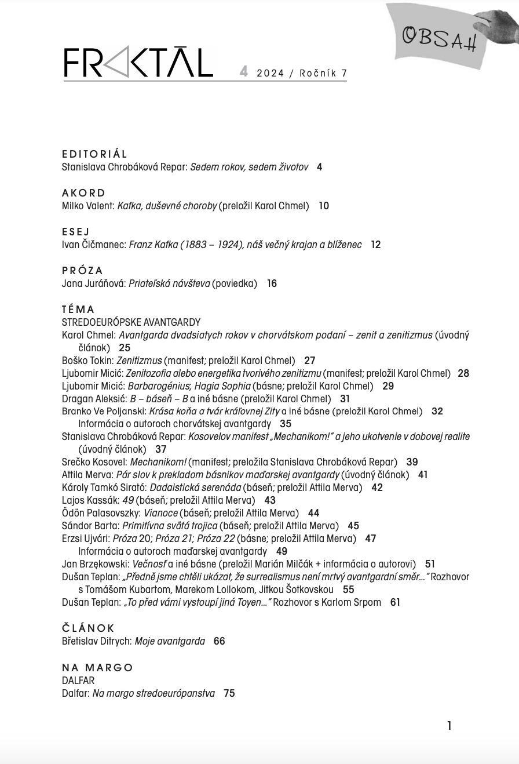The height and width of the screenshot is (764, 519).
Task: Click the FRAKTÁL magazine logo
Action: pyautogui.click(x=138, y=63)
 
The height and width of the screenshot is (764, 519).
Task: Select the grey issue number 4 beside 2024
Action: pyautogui.click(x=244, y=72)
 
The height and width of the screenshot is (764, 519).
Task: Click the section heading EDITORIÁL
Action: pyautogui.click(x=94, y=154)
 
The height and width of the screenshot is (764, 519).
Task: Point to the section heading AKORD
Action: pyautogui.click(x=84, y=193)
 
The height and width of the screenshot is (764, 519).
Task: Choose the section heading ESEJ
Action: pyautogui.click(x=76, y=232)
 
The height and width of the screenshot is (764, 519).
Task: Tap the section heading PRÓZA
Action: pyautogui.click(x=82, y=271)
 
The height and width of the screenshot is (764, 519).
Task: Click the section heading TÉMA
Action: pyautogui.click(x=78, y=310)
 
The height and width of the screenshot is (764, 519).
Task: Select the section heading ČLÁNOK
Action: pyautogui.click(x=89, y=628)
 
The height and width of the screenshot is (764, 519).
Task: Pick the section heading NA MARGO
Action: pyautogui.click(x=97, y=668)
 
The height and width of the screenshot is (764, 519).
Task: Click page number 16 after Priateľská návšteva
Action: pyautogui.click(x=272, y=283)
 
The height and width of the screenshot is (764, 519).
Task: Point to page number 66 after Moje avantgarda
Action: pyautogui.click(x=219, y=641)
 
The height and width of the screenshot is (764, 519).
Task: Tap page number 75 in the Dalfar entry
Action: pyautogui.click(x=229, y=693)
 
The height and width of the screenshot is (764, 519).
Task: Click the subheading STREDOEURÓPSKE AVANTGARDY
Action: pyautogui.click(x=131, y=322)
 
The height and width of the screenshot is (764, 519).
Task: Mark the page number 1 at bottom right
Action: pyautogui.click(x=449, y=726)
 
